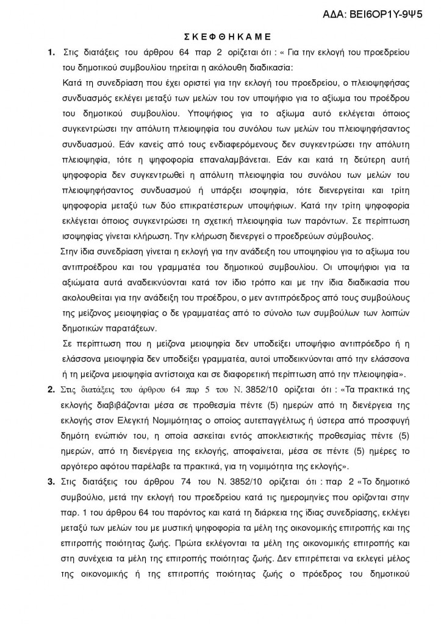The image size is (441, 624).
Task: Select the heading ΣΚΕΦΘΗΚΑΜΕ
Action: [220, 36]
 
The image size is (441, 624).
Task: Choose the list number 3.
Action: [51, 481]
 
